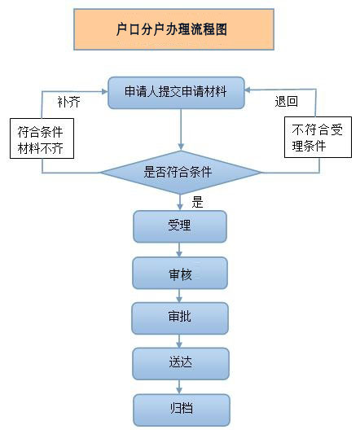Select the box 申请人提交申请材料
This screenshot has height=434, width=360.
point(176,93)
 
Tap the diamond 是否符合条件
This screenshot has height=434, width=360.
point(181,173)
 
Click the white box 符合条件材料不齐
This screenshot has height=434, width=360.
point(42,138)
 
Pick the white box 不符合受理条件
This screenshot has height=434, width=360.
point(318,138)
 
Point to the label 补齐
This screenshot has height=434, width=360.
point(68,102)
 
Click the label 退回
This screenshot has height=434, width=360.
point(287,101)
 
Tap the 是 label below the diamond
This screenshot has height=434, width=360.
point(197,202)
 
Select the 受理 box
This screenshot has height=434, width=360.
point(180,226)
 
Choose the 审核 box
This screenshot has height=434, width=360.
point(180,274)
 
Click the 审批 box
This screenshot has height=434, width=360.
point(180,318)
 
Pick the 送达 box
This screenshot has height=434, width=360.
point(181,364)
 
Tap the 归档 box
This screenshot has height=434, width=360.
point(182,410)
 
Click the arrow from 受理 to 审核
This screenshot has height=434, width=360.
point(179,250)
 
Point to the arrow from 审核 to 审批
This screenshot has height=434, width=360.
point(179,296)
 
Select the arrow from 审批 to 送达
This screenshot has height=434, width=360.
point(179,341)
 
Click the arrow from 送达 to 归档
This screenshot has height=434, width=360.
point(179,387)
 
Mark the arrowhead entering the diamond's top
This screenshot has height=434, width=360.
point(181,147)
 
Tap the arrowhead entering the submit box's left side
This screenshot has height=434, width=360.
point(105,91)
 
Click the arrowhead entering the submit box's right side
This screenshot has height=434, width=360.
point(248,90)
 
